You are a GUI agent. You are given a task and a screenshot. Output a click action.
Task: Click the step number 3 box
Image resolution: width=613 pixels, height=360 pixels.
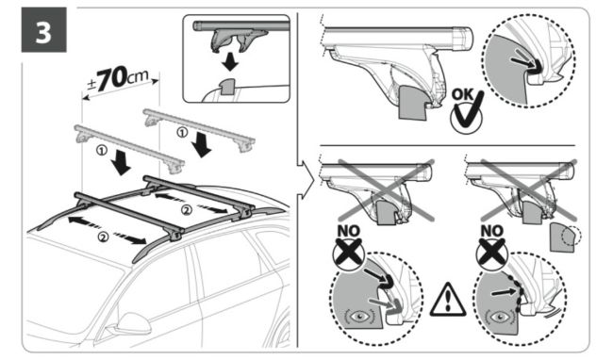click(x=43, y=29)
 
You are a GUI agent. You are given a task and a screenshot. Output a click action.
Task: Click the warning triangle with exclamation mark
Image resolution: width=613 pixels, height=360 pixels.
click(x=448, y=300)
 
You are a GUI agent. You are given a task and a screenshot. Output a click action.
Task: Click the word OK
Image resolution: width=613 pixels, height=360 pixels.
click(x=462, y=94)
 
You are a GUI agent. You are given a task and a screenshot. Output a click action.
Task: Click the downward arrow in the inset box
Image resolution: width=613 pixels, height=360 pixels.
click(x=230, y=61)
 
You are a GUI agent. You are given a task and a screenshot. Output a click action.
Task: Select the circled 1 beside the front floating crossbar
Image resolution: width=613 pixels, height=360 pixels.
click(x=101, y=150)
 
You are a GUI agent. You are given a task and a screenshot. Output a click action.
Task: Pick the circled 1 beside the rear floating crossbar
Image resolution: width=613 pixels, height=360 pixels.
click(x=182, y=133)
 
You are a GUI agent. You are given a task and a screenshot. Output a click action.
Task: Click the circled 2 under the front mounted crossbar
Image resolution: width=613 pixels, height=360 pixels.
click(x=103, y=237)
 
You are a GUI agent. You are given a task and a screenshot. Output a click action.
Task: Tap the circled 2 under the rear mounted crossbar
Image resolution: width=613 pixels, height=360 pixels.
click(x=187, y=210)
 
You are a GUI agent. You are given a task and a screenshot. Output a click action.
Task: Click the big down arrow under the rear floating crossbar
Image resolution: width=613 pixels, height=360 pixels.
click(x=202, y=144)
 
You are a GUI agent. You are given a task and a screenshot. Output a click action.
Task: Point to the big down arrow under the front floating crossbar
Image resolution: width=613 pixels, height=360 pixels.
click(x=122, y=162)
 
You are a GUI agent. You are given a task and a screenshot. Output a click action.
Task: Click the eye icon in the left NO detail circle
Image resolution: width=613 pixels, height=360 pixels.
click(x=358, y=316)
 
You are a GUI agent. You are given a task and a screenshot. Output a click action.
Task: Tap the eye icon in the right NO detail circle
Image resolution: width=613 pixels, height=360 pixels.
click(x=500, y=317)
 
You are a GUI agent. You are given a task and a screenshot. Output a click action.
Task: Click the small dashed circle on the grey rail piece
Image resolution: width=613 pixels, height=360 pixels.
click(x=572, y=236)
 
